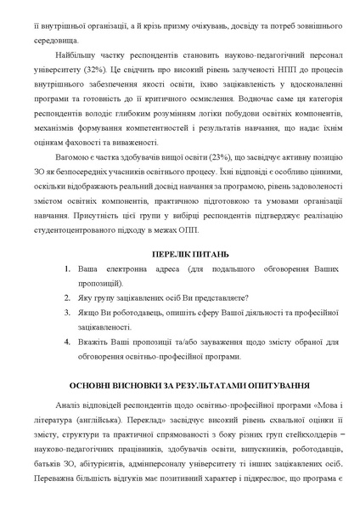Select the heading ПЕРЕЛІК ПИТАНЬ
click(180, 255)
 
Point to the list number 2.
click(69, 297)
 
